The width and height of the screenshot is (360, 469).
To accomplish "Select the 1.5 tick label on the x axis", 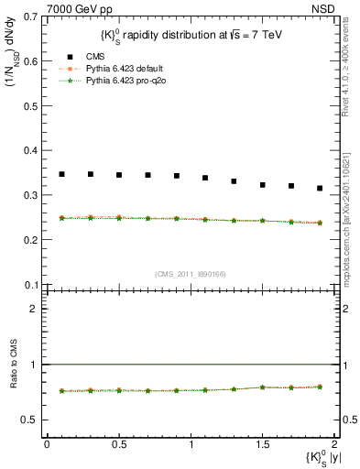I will [x=262, y=444].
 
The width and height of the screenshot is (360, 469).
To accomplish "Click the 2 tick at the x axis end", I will [x=334, y=444].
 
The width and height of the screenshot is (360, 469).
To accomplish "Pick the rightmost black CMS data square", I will [x=320, y=189].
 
